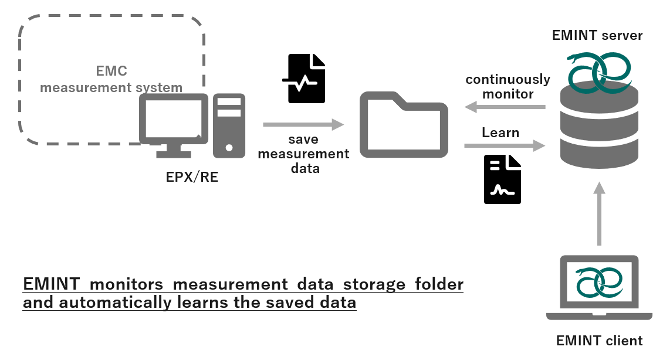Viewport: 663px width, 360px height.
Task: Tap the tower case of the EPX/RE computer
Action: [229, 125]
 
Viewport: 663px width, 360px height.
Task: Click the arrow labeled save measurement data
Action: [303, 124]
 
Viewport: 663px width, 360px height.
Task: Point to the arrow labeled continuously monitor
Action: [505, 107]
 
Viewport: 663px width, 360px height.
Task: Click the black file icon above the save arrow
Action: [306, 79]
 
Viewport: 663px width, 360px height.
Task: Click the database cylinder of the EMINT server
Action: [598, 126]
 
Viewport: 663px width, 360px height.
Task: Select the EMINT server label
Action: [597, 35]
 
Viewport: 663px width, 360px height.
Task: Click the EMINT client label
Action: [599, 341]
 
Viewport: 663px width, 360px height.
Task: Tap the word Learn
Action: [500, 133]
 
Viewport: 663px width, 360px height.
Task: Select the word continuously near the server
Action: [508, 79]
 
